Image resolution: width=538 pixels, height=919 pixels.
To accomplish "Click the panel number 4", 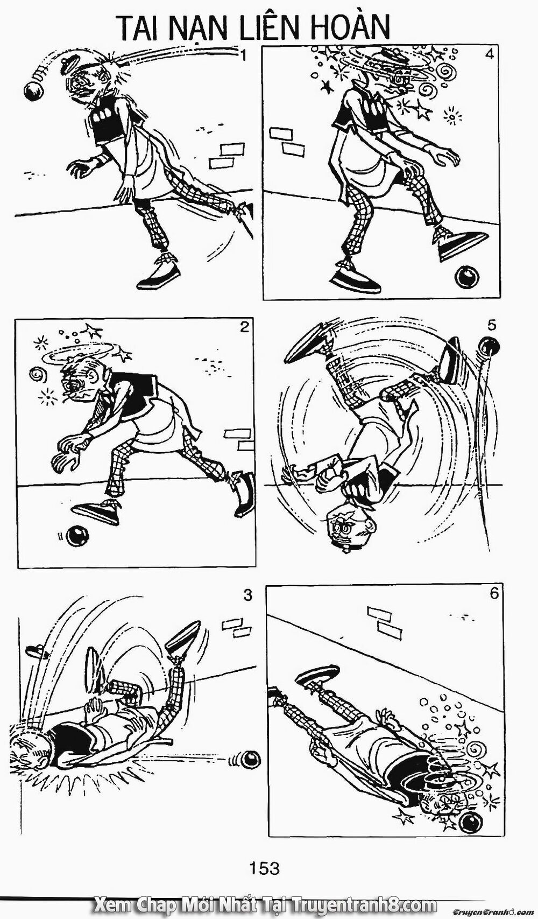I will coord(489,55).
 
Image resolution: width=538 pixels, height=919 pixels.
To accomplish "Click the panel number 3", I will coord(247,595).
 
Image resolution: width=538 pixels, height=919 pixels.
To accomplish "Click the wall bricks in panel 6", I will coord(384,621).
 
